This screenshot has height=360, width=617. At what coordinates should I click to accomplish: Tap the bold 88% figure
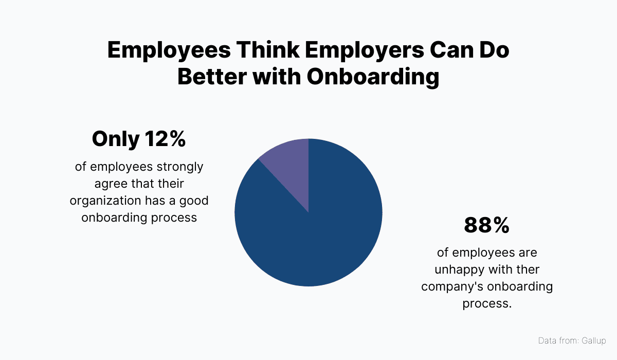486,225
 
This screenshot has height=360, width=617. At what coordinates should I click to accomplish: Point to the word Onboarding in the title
373,77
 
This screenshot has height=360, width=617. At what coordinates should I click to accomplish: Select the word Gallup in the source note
594,340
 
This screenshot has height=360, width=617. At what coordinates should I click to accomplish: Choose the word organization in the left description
104,201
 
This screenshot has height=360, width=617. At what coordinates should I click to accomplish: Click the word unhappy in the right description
459,269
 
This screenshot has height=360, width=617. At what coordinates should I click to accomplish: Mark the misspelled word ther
526,269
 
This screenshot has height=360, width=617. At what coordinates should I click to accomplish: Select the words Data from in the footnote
558,340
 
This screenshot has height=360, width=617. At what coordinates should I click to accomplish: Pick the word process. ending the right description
487,303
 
